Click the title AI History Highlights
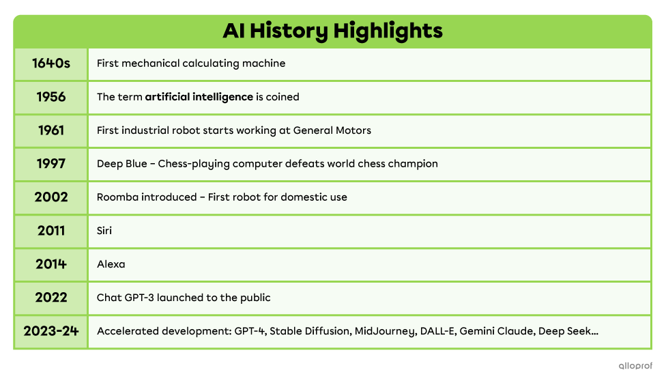coord(332,31)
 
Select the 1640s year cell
coord(50,63)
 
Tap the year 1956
coord(50,97)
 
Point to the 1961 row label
coord(50,130)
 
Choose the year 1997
coord(50,164)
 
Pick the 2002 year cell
coord(50,197)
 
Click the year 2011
coord(50,231)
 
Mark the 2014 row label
coord(50,264)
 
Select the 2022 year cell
coord(50,298)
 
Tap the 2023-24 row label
coord(50,332)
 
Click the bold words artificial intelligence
coord(199,97)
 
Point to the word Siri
coord(104,231)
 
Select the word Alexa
coord(111,264)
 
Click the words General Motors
coord(332,130)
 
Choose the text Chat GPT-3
coord(125,298)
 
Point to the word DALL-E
coord(437,332)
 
